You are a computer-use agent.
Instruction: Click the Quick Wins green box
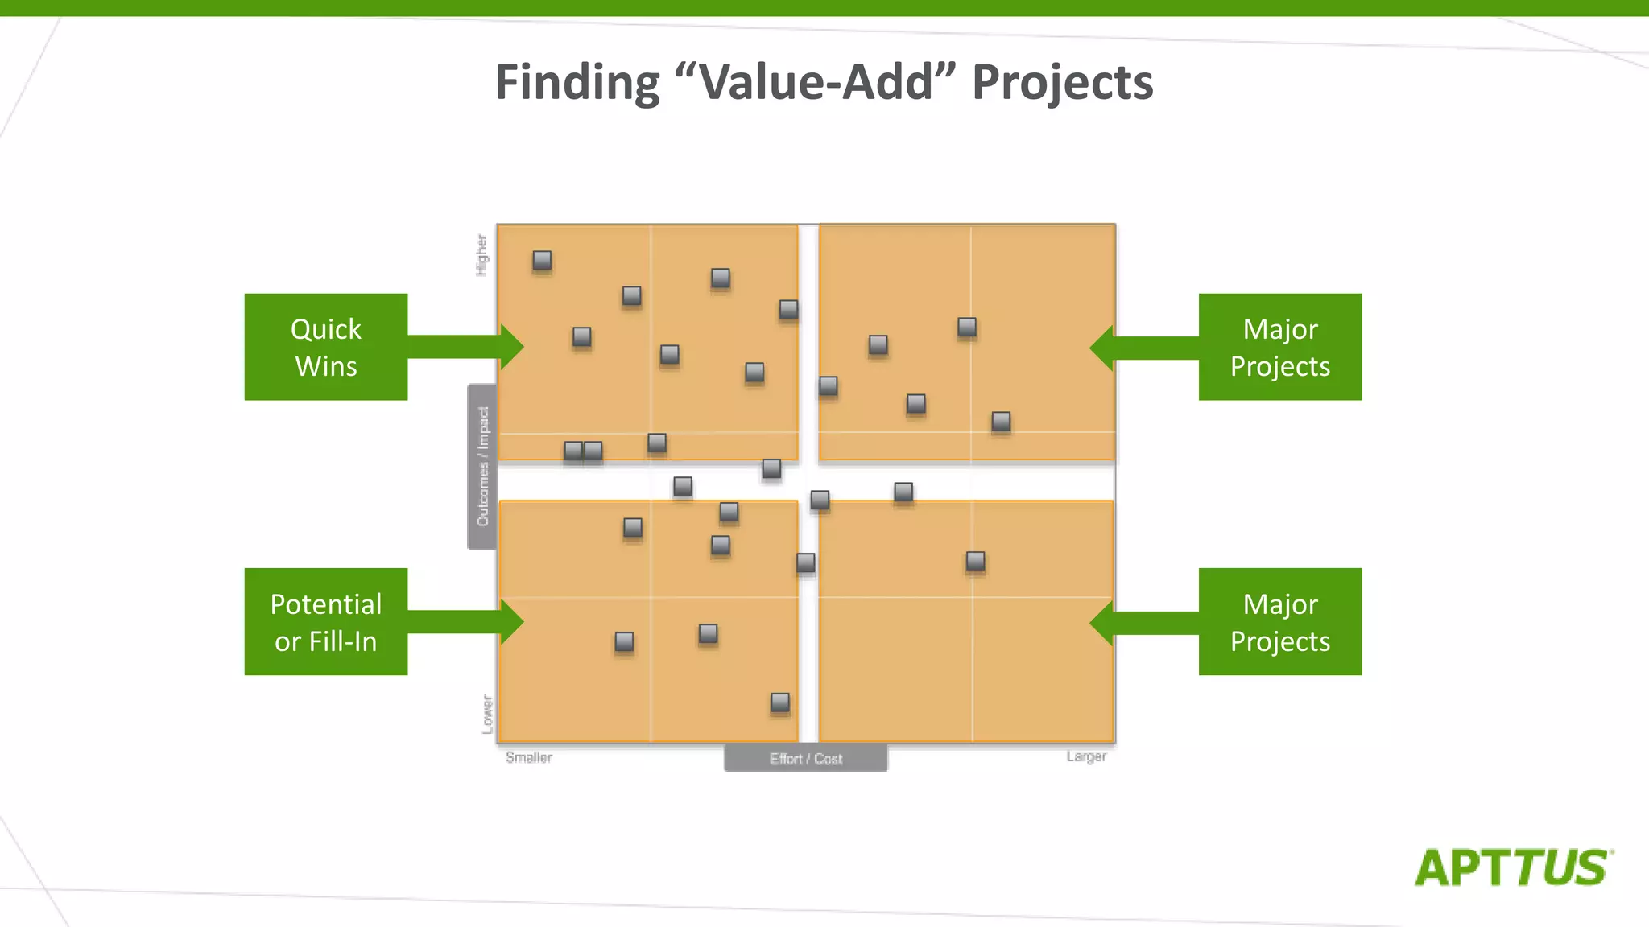[x=326, y=347]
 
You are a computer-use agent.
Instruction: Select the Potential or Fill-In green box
[x=326, y=622]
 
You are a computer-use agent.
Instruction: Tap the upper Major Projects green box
[x=1280, y=347]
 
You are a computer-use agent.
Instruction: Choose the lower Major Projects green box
[x=1280, y=622]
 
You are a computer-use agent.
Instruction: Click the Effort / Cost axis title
[x=806, y=758]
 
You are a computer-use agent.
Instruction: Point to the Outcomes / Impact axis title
[x=482, y=467]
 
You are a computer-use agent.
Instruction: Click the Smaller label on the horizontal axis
[x=529, y=757]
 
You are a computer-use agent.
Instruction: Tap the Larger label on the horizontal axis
[x=1086, y=756]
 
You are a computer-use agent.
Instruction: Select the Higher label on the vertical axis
[x=481, y=255]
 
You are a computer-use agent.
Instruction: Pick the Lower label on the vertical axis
[x=487, y=714]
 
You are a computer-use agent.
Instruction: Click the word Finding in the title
[x=577, y=82]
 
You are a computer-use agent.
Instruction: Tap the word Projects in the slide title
[x=1063, y=82]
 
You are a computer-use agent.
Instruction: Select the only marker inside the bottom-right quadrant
[x=975, y=561]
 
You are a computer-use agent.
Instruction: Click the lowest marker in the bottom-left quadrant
[x=780, y=702]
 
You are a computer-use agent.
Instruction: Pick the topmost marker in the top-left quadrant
[x=542, y=260]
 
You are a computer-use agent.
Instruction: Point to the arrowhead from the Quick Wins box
[x=512, y=347]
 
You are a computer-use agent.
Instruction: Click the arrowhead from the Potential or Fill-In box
[x=512, y=622]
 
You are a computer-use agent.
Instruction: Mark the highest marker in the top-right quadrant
[x=967, y=327]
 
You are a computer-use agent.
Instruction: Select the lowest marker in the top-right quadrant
[x=1001, y=421]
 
